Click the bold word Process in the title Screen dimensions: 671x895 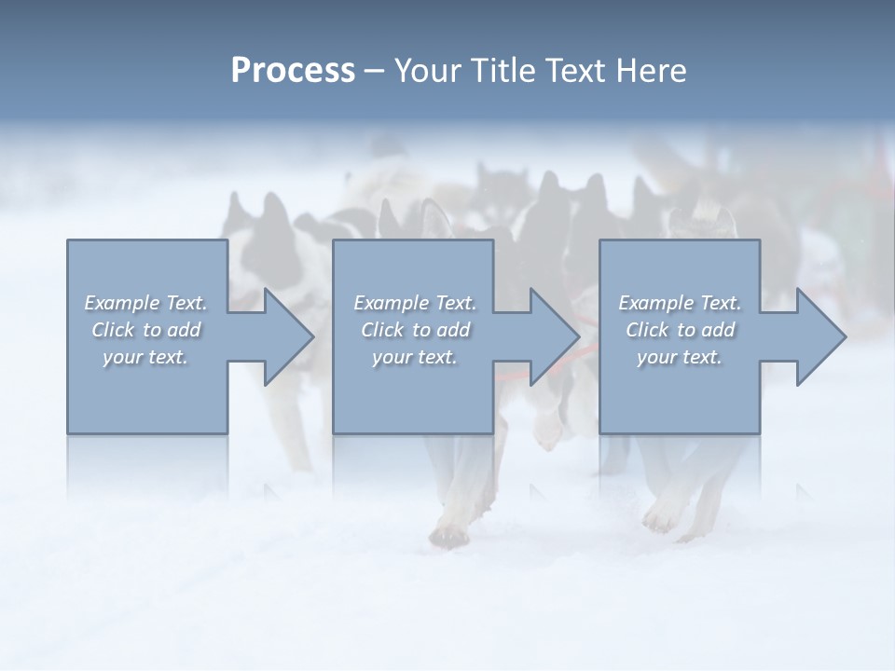pyautogui.click(x=293, y=71)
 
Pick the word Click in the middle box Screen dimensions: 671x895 pyautogui.click(x=380, y=330)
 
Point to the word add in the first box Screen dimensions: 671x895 pyautogui.click(x=183, y=330)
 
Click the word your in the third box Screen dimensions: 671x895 pyautogui.click(x=657, y=357)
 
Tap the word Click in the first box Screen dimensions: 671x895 pyautogui.click(x=112, y=330)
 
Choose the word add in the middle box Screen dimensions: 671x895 pyautogui.click(x=452, y=330)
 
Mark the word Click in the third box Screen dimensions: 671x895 pyautogui.click(x=646, y=330)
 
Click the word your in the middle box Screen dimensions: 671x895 pyautogui.click(x=392, y=357)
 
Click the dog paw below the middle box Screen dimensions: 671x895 pyautogui.click(x=448, y=534)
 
